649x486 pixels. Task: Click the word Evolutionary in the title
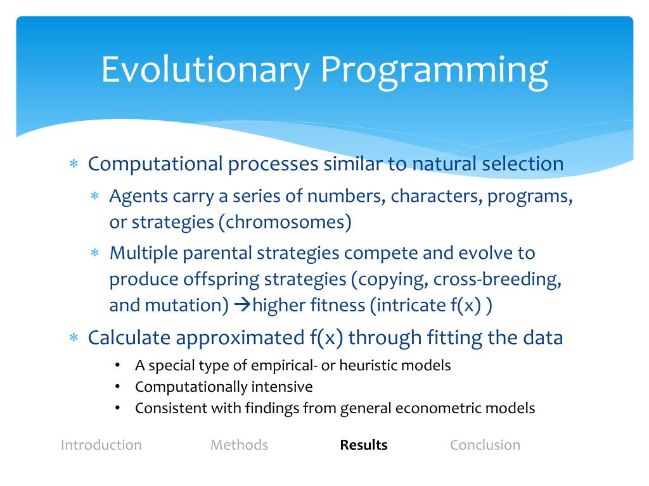point(206,71)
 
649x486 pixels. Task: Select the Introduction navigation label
point(101,445)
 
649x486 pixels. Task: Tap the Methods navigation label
point(239,445)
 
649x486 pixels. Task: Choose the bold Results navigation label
point(363,445)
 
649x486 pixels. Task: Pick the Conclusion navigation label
point(485,445)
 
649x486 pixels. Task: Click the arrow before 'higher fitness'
point(243,305)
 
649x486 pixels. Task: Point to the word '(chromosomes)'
point(285,222)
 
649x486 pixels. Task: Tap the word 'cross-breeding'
point(498,279)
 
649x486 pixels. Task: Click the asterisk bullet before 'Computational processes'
point(74,164)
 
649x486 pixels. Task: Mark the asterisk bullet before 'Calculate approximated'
point(74,338)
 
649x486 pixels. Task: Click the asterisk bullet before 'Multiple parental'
point(95,252)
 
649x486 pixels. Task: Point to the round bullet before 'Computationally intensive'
point(117,387)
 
